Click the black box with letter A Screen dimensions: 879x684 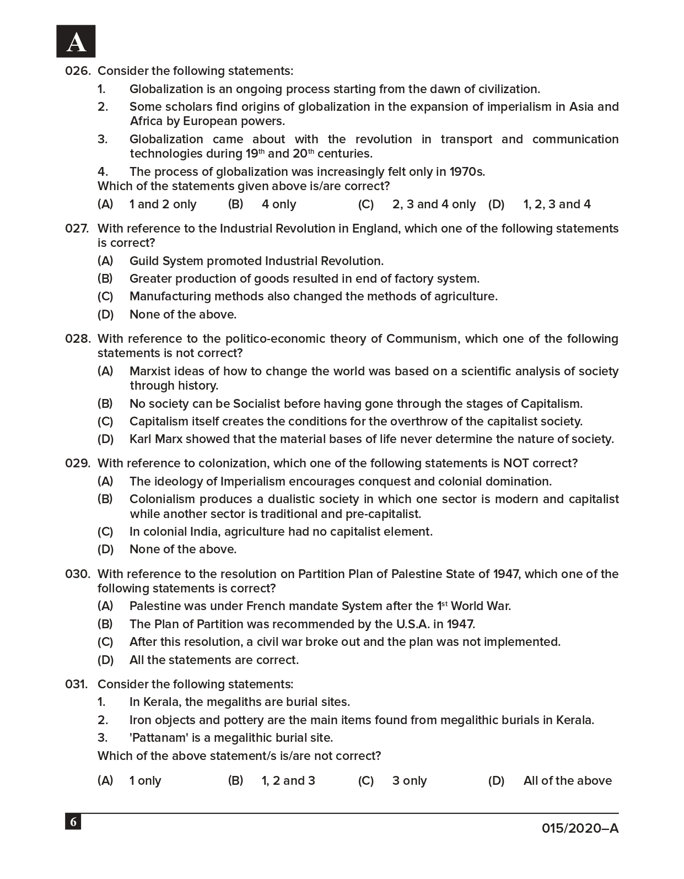click(x=76, y=41)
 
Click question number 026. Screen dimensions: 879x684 click(x=77, y=71)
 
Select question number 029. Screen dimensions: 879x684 click(x=77, y=463)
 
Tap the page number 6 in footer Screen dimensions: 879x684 click(x=73, y=822)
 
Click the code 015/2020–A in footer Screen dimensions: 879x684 click(x=580, y=828)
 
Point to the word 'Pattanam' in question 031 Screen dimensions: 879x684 click(x=155, y=738)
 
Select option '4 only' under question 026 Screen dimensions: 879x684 click(x=279, y=204)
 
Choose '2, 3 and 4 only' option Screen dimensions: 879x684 click(x=434, y=204)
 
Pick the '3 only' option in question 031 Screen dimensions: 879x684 click(x=410, y=781)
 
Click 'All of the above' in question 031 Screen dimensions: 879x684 click(x=567, y=781)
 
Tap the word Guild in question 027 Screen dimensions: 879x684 click(x=144, y=261)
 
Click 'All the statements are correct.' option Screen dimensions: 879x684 click(x=214, y=660)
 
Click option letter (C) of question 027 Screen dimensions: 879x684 click(x=105, y=296)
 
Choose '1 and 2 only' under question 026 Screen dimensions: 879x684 click(x=163, y=204)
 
